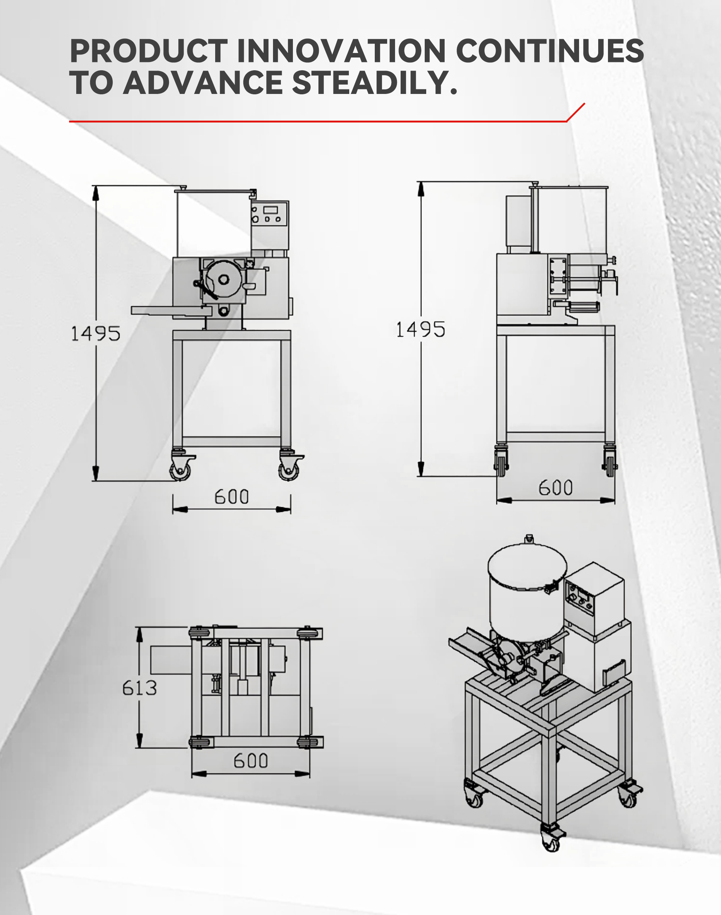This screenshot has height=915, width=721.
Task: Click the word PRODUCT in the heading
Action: (149, 51)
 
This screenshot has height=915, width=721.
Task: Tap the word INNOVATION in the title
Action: (341, 51)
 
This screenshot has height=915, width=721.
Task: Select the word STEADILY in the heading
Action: (374, 82)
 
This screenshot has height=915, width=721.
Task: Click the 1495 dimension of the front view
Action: (95, 333)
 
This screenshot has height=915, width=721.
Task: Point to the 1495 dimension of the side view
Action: (421, 330)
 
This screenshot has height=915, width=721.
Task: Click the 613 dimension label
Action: (139, 688)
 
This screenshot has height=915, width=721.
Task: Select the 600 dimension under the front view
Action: (231, 497)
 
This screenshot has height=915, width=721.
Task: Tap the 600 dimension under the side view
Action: (555, 488)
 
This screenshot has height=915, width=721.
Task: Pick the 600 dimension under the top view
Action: (251, 761)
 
